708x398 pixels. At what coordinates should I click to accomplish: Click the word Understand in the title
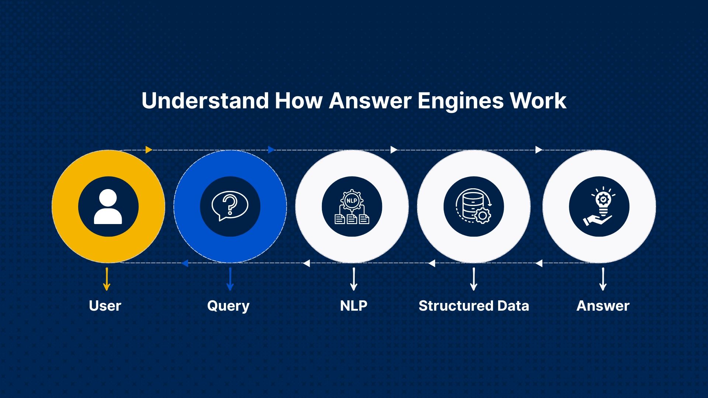205,101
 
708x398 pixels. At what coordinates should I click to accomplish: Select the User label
105,306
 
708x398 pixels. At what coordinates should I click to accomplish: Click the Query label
228,306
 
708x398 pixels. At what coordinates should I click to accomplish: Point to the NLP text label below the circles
354,306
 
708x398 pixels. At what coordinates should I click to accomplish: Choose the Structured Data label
474,306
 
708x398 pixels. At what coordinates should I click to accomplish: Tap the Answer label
603,306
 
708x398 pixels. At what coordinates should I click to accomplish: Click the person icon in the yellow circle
108,207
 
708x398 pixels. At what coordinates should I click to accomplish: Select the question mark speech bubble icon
230,206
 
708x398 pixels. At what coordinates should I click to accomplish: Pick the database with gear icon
473,206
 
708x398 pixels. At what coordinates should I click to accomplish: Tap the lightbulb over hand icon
599,206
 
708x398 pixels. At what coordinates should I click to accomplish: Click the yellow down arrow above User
107,279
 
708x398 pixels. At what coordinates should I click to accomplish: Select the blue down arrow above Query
230,279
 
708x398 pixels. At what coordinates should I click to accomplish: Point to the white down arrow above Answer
603,279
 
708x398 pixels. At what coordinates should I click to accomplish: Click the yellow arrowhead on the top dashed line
149,150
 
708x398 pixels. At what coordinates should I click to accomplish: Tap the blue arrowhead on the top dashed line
271,150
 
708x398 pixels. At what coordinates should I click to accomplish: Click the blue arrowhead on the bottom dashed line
185,263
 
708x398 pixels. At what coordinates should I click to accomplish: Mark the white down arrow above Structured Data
474,279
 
